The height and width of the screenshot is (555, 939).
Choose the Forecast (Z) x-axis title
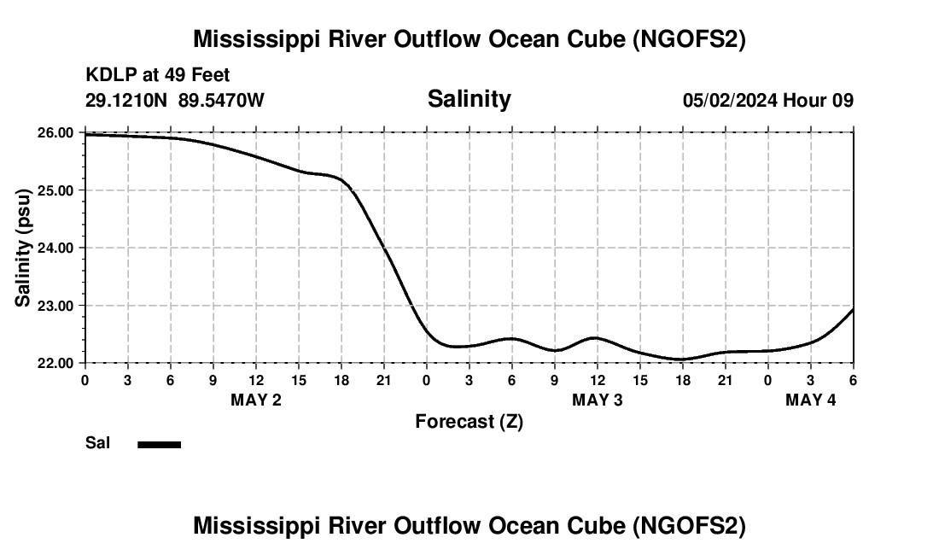[469, 421]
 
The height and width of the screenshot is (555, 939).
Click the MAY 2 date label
[256, 400]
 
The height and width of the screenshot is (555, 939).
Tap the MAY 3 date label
[598, 400]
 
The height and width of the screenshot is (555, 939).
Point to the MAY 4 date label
[811, 400]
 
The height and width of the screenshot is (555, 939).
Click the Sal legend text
[97, 443]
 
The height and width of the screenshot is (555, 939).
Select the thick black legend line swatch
[160, 444]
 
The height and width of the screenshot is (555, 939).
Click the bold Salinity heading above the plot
[469, 99]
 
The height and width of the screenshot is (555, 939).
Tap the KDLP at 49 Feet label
[158, 75]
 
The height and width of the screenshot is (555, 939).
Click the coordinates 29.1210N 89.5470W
[175, 100]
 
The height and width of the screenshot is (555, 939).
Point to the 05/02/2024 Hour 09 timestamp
[767, 100]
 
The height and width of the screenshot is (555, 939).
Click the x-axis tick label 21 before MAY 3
[384, 378]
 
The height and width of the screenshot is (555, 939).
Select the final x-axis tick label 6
[853, 378]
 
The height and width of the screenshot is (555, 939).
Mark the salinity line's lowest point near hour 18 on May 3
[681, 359]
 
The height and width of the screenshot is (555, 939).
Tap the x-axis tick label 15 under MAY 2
[299, 378]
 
